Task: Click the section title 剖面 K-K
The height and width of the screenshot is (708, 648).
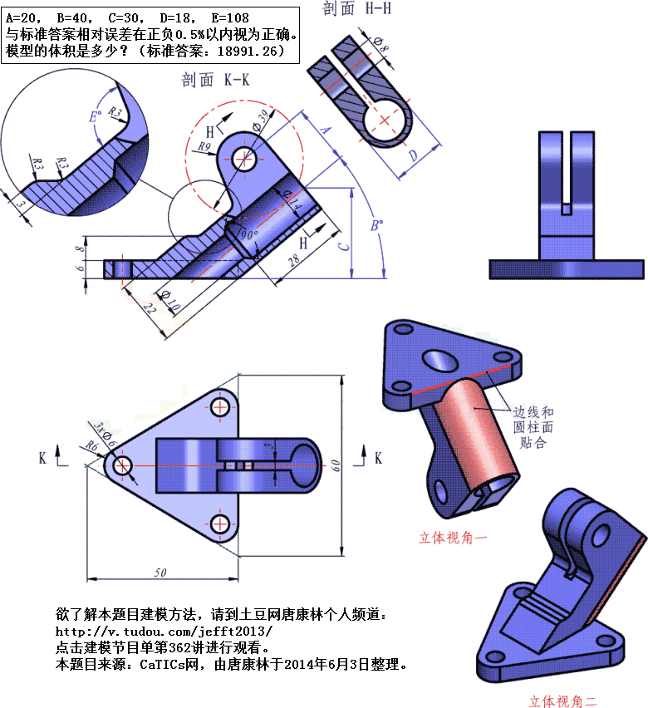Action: (x=216, y=80)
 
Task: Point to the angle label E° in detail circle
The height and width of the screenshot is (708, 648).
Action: (x=96, y=116)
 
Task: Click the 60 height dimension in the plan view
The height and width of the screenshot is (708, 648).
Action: (x=336, y=465)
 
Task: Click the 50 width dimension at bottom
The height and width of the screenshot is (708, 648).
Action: (x=160, y=573)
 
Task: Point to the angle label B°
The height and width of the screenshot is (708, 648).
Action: (x=376, y=226)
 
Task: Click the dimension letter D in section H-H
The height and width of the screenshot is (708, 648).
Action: (x=413, y=155)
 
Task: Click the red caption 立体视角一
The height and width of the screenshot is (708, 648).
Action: (x=452, y=538)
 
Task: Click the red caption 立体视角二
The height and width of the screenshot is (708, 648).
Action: (x=562, y=700)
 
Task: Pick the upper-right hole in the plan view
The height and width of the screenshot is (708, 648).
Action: (x=221, y=406)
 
